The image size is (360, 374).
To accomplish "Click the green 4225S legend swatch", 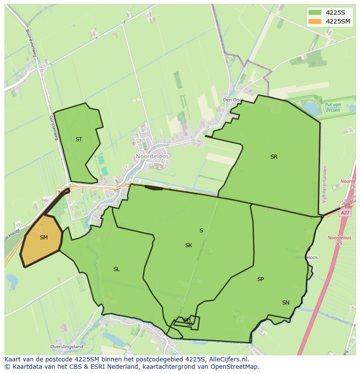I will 315,12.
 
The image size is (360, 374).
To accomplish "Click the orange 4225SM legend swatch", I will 315,22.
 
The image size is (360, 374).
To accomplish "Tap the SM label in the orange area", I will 43,238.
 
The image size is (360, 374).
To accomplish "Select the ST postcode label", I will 79,139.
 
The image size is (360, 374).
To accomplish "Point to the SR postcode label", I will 273,157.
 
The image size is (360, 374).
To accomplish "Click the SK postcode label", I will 188,245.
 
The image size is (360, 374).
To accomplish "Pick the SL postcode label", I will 117,269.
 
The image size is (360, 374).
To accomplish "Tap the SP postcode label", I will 260,279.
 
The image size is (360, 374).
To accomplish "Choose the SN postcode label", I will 286,303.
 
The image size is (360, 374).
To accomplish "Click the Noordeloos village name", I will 152,156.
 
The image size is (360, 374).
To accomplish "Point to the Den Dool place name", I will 233,100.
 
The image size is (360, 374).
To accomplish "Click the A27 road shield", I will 345,213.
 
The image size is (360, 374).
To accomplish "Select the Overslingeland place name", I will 67,347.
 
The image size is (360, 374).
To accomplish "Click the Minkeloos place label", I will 307,258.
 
